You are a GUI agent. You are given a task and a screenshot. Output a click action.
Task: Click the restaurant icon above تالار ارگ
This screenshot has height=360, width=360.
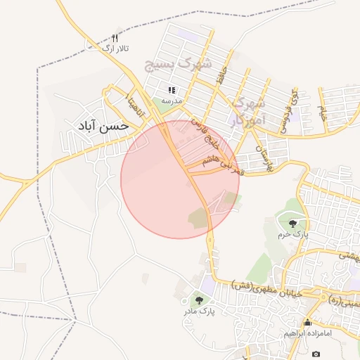click(116, 37)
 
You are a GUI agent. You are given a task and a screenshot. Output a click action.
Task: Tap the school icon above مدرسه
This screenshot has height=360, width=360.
click(172, 90)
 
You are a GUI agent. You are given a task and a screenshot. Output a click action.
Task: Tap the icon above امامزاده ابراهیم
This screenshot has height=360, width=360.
click(307, 323)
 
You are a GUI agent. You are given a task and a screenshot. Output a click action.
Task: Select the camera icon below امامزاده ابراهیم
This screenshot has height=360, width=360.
click(316, 353)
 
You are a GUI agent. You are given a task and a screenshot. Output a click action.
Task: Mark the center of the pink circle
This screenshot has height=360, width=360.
click(180, 179)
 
